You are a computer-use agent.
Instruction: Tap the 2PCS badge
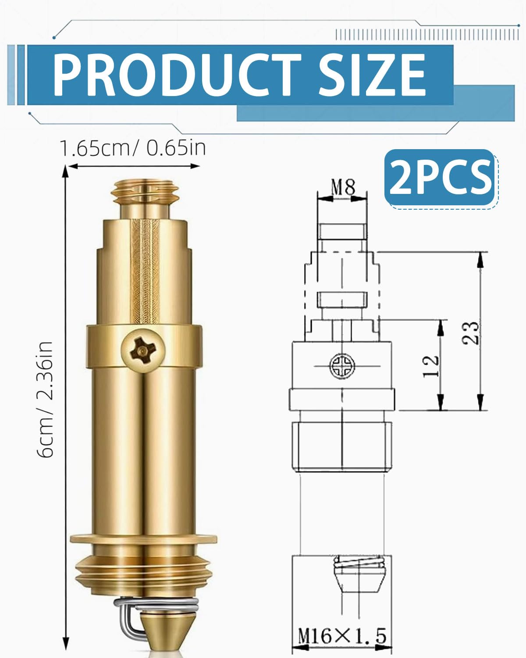tap(440, 178)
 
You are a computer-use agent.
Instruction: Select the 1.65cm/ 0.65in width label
tap(133, 148)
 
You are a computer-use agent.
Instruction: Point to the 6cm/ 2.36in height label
tap(45, 399)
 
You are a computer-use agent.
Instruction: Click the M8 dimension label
tap(343, 187)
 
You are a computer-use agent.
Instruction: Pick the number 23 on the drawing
tap(470, 333)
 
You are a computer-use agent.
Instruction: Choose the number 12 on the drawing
tap(431, 366)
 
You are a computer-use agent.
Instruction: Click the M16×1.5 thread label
tap(342, 637)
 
